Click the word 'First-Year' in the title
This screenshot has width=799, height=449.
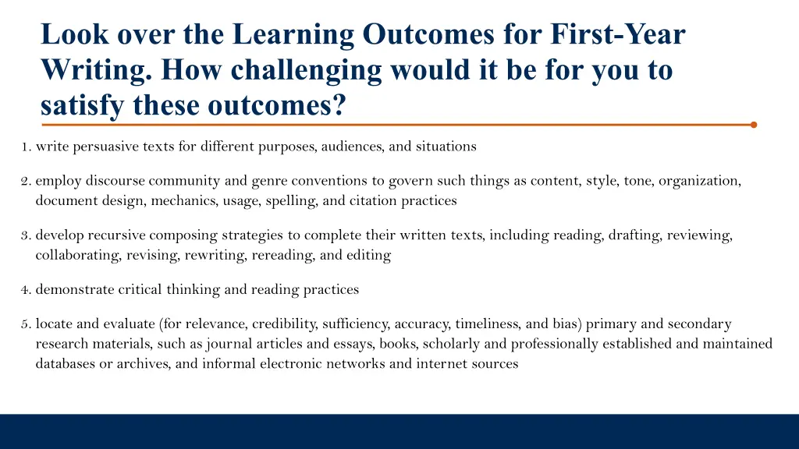click(x=618, y=34)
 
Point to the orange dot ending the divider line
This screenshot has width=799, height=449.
click(x=753, y=124)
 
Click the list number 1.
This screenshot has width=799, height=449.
click(x=26, y=147)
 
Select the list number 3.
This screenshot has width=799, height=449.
click(x=26, y=235)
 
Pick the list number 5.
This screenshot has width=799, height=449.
click(x=26, y=324)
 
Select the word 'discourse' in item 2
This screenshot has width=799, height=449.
click(x=115, y=181)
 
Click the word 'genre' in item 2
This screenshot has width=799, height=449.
click(x=269, y=182)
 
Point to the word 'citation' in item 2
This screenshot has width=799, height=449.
click(x=374, y=200)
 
